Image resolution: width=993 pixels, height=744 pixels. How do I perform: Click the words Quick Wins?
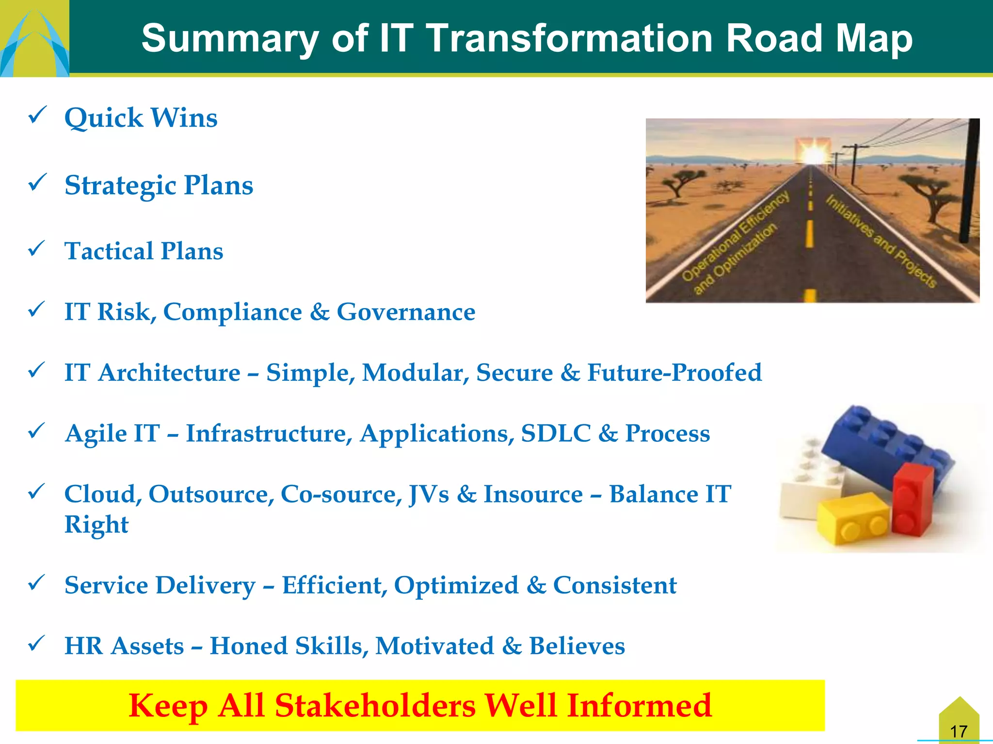[141, 118]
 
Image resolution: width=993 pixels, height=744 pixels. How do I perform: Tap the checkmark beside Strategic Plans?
[37, 183]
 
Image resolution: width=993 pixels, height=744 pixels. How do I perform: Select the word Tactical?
[109, 251]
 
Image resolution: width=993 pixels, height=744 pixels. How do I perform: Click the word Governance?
[406, 311]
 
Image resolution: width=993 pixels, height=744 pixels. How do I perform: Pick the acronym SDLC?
[556, 433]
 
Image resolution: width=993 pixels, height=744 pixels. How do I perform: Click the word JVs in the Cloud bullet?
[429, 494]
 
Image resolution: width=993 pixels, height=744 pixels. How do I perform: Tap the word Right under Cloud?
[96, 525]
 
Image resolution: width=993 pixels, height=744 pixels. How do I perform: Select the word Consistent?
[614, 585]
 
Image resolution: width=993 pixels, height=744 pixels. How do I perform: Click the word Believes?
[577, 646]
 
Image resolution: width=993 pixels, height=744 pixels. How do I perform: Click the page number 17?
[959, 731]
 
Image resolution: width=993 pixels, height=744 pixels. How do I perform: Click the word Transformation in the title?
[570, 38]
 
